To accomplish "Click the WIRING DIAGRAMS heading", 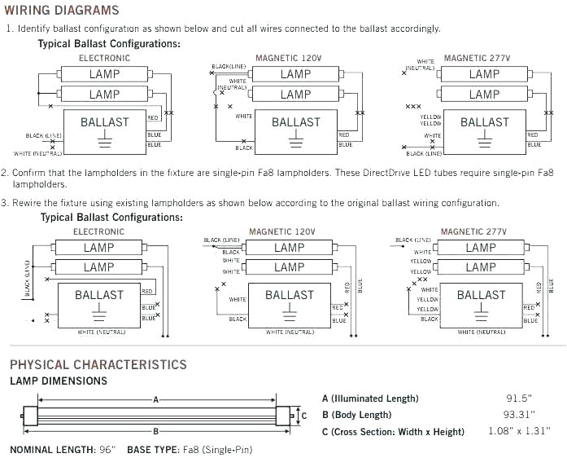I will point(64,11).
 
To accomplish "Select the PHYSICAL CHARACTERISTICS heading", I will point(98,364).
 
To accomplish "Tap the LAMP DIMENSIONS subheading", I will point(58,381).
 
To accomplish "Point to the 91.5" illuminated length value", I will point(517,399).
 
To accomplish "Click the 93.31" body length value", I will point(517,415).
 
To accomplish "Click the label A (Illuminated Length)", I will point(370,399).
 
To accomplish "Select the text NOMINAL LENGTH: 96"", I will point(63,449).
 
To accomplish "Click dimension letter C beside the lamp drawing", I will point(303,416).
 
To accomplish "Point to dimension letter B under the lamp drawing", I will point(155,430).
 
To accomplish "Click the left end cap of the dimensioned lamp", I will point(29,415).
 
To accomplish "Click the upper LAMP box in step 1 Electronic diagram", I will point(104,74).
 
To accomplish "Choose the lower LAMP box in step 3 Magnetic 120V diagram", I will point(289,267).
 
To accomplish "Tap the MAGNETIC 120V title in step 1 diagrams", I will point(288,59).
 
